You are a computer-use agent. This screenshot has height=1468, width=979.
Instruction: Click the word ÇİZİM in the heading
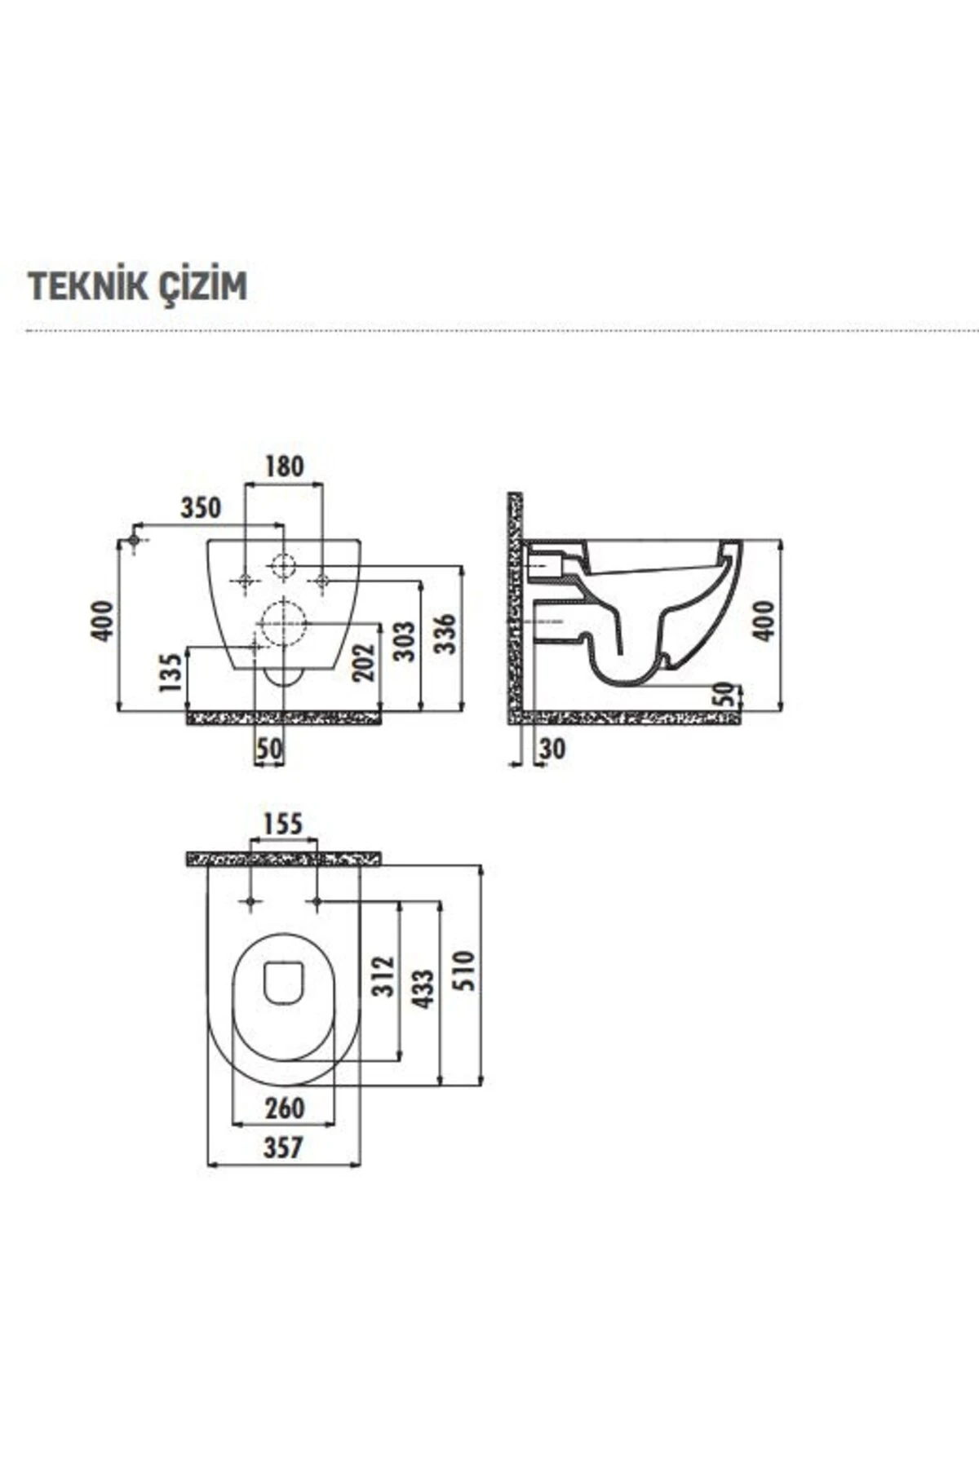(203, 286)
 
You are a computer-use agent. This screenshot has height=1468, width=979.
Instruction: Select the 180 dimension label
(284, 466)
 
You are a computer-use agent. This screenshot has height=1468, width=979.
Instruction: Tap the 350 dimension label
(201, 507)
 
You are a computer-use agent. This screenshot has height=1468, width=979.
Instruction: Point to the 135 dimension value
(170, 672)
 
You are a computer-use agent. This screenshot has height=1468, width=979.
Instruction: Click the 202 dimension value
(364, 662)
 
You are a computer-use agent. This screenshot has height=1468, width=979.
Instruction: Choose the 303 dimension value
(404, 641)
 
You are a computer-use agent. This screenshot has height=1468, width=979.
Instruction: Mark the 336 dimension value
(445, 633)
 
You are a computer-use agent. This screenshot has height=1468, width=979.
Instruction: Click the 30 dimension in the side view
(552, 749)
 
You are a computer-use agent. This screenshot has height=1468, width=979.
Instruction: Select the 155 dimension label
(282, 824)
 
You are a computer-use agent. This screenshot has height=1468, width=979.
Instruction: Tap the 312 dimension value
(383, 975)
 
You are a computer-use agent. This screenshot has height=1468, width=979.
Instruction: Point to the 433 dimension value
(423, 988)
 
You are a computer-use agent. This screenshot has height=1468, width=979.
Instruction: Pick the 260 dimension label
(284, 1108)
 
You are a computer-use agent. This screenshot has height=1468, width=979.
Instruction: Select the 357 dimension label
(282, 1147)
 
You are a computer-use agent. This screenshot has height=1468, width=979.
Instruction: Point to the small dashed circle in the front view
(283, 565)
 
